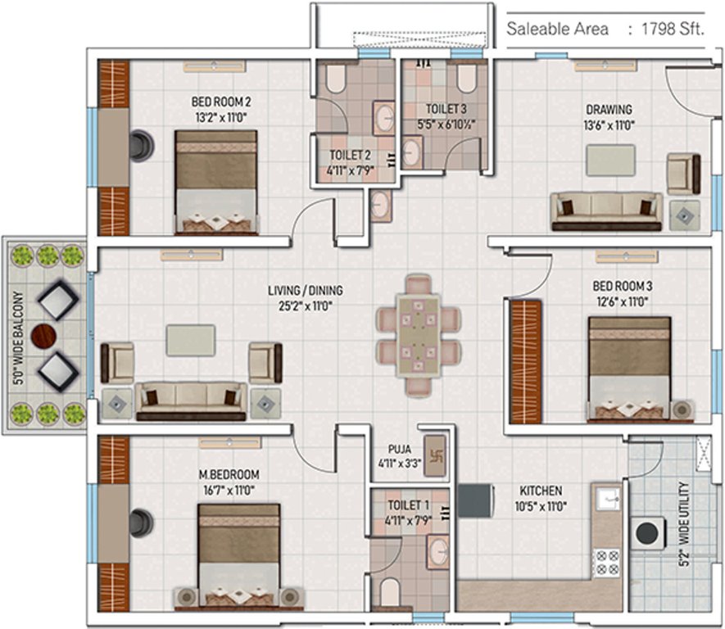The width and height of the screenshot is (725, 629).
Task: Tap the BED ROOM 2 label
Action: pos(220,102)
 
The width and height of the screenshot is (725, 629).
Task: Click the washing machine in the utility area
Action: pos(648,532)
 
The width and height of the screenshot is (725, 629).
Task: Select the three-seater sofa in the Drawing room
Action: pos(606,211)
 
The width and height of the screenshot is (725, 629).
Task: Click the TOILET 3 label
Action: pos(446,109)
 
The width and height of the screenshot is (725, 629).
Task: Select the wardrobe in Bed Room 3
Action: pos(522,360)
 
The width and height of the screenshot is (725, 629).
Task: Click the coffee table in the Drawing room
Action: pos(610,158)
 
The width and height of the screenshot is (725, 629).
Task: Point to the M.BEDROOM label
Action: pos(229,475)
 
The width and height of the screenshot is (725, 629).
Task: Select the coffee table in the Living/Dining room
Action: pos(191,340)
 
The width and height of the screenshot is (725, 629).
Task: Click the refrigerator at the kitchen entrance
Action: pos(473,500)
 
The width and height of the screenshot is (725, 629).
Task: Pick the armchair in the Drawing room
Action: pos(683,173)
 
